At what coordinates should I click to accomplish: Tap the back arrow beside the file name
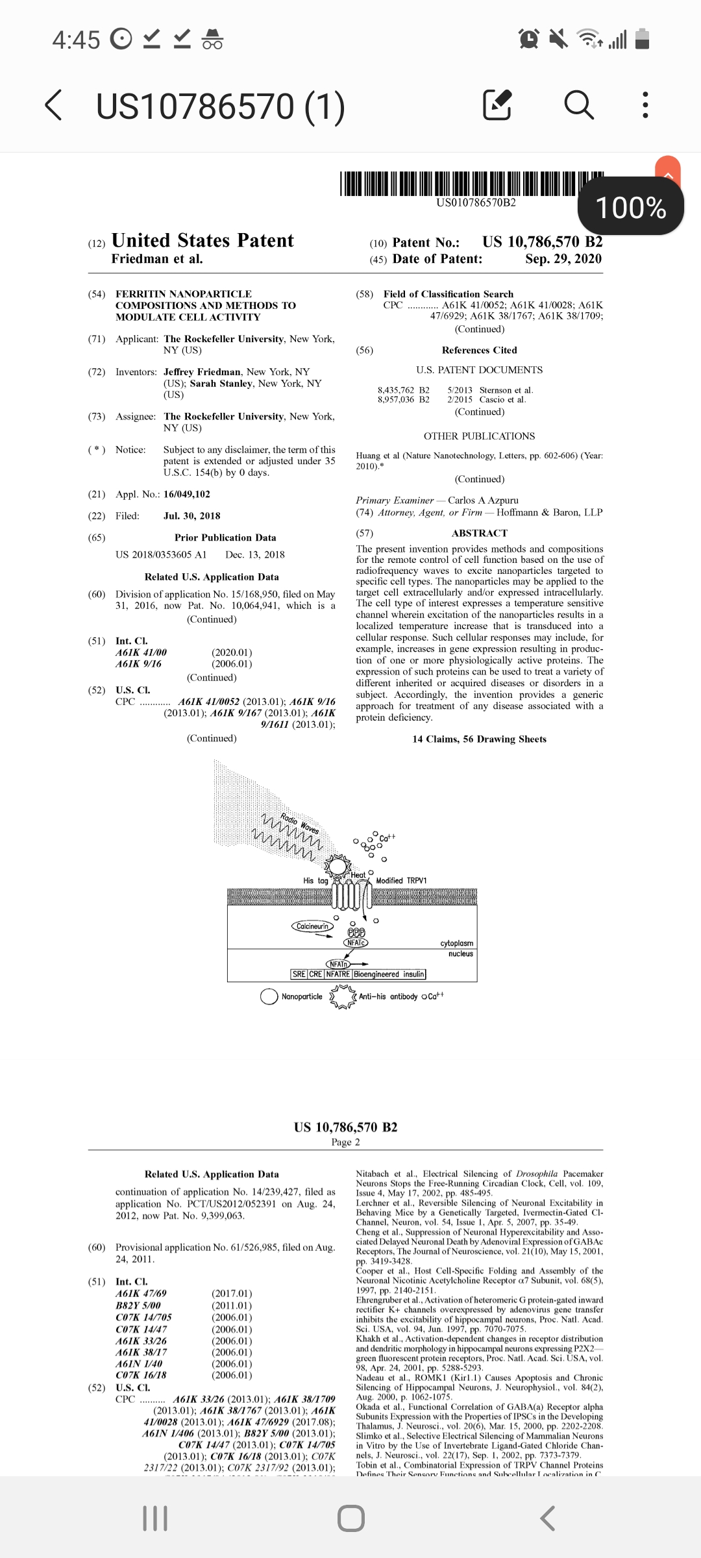pyautogui.click(x=55, y=106)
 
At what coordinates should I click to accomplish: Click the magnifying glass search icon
pyautogui.click(x=578, y=105)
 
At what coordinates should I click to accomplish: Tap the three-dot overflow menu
pyautogui.click(x=645, y=105)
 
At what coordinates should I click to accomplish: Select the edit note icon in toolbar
pyautogui.click(x=498, y=105)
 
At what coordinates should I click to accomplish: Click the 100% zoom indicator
pyautogui.click(x=630, y=208)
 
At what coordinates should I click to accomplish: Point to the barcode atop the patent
pyautogui.click(x=472, y=184)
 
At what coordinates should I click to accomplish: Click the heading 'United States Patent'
pyautogui.click(x=203, y=241)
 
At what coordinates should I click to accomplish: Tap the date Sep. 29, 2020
pyautogui.click(x=563, y=259)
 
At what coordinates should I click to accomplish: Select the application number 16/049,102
pyautogui.click(x=187, y=495)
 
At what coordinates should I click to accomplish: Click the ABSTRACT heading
pyautogui.click(x=480, y=533)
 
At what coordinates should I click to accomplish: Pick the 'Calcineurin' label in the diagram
pyautogui.click(x=312, y=926)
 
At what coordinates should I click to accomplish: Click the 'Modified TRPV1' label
pyautogui.click(x=401, y=881)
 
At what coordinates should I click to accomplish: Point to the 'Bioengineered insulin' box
pyautogui.click(x=389, y=974)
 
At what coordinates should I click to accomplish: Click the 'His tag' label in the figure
pyautogui.click(x=315, y=881)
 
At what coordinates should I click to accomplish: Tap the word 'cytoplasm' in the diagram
pyautogui.click(x=456, y=943)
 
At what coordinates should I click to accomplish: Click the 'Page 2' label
pyautogui.click(x=345, y=1142)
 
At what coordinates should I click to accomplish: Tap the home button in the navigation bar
pyautogui.click(x=350, y=1518)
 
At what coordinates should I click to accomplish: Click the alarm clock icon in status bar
pyautogui.click(x=529, y=40)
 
